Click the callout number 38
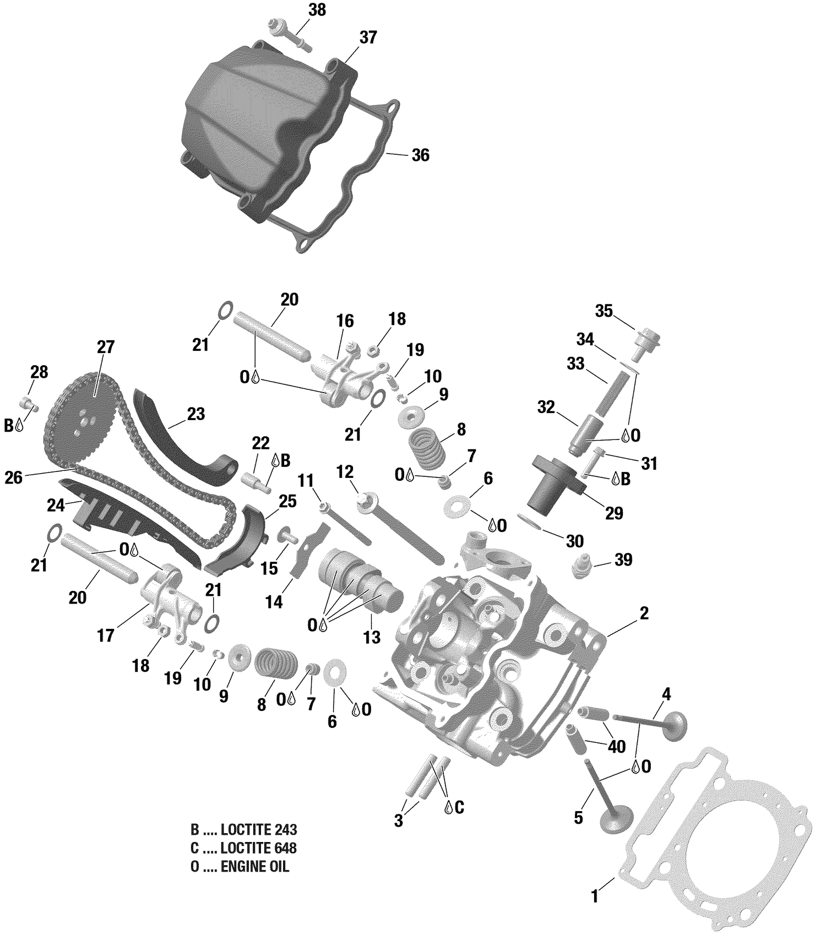317,10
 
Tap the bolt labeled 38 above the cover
289,34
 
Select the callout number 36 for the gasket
420,155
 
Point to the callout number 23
195,414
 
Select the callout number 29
614,513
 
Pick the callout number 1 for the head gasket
594,896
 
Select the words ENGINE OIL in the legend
254,867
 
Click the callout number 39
623,560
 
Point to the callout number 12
345,472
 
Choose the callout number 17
105,635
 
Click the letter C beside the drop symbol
459,807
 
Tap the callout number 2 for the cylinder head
644,613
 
